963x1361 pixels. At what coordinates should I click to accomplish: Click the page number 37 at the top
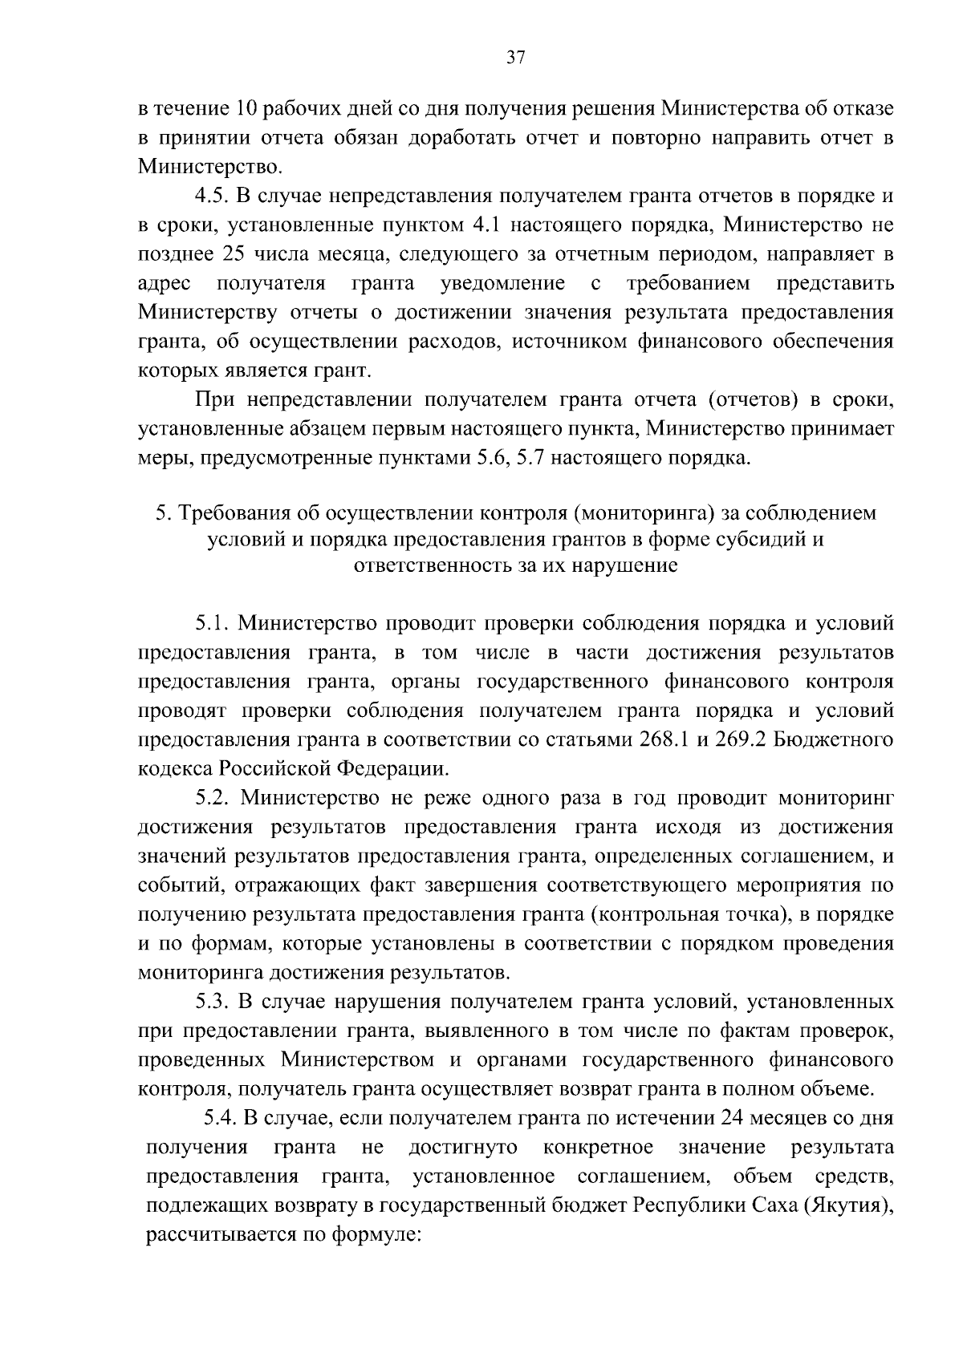(x=515, y=58)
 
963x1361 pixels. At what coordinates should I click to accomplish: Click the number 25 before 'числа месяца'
(x=227, y=254)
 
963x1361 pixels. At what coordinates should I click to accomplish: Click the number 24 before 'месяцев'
(x=735, y=1117)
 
